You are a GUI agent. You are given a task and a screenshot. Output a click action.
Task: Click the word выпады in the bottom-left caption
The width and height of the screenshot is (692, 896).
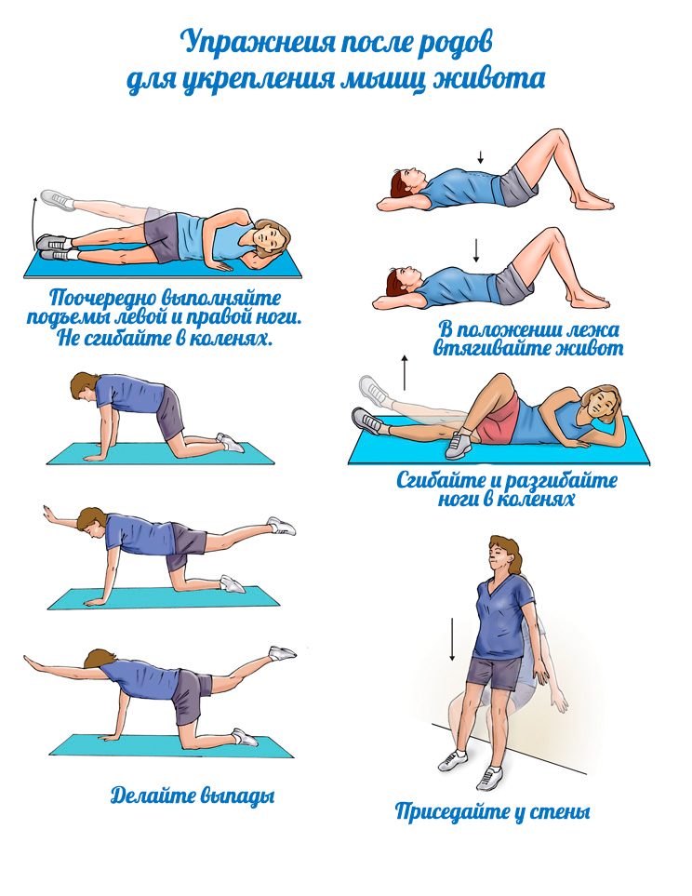pyautogui.click(x=238, y=796)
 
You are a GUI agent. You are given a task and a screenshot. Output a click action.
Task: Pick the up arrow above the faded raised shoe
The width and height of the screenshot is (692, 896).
pyautogui.click(x=405, y=372)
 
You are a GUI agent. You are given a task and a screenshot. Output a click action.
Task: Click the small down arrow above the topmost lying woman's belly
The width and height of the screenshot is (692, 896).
pyautogui.click(x=481, y=157)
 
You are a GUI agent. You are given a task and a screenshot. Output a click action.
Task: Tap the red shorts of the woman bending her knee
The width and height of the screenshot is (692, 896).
pyautogui.click(x=498, y=420)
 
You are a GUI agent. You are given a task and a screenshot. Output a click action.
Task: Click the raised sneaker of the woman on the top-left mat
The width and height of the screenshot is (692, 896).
pyautogui.click(x=58, y=199)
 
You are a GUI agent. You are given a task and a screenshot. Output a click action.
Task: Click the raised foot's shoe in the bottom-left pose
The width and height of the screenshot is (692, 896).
pyautogui.click(x=283, y=652)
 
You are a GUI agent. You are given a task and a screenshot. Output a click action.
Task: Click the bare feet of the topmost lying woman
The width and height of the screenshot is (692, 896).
pyautogui.click(x=594, y=201)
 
